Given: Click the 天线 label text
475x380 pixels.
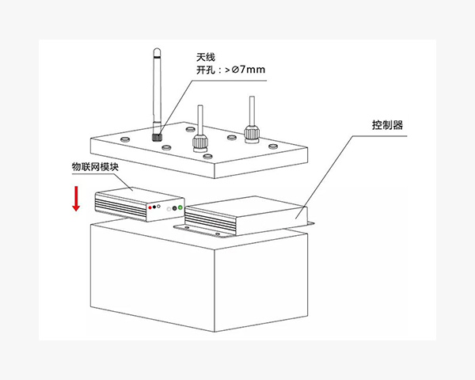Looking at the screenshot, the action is point(206,57).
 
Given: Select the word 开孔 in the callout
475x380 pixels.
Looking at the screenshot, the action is point(206,70).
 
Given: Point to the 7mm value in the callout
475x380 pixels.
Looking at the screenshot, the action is point(253,70).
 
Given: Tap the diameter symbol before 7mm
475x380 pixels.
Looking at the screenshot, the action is point(235,70).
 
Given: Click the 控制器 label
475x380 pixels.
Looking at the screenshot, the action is point(387,125).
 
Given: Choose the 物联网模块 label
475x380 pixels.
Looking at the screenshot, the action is point(95,167).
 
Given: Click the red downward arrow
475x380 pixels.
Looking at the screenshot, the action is point(76,199).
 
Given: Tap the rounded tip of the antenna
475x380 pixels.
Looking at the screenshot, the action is point(157,51).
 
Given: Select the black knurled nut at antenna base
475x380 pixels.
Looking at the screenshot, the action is point(157,137).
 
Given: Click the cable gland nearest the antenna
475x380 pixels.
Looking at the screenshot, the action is point(200,142).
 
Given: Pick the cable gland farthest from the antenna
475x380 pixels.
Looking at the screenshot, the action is point(252,135).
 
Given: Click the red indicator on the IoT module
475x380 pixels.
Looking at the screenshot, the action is point(150,207).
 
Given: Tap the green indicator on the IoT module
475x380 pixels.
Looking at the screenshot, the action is point(180,207).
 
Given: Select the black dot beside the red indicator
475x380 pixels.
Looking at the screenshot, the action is point(154,207).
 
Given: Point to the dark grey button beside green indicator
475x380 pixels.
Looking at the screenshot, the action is point(174,208).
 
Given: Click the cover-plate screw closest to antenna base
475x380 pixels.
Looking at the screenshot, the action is point(166,147).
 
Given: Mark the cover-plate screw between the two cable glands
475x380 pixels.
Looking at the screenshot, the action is point(232,138).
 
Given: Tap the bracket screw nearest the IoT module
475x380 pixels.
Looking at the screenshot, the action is point(187,227).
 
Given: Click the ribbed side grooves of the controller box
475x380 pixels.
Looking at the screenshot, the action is point(211,222).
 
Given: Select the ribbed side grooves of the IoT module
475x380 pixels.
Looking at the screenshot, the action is point(121,206).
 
